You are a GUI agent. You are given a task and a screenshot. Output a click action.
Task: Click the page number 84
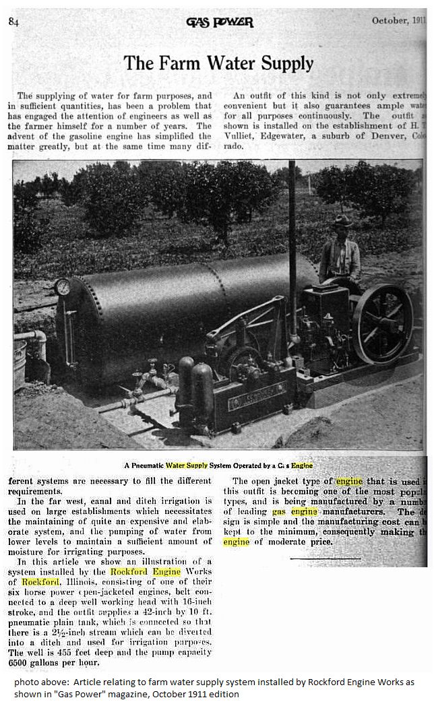tap(13, 21)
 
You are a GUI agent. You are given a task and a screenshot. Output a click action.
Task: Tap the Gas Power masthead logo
tap(220, 22)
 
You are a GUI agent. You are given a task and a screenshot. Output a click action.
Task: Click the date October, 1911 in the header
tap(398, 20)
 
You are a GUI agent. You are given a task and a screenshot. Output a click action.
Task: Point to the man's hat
tap(342, 220)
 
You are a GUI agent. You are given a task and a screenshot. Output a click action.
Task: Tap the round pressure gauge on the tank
tap(63, 288)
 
